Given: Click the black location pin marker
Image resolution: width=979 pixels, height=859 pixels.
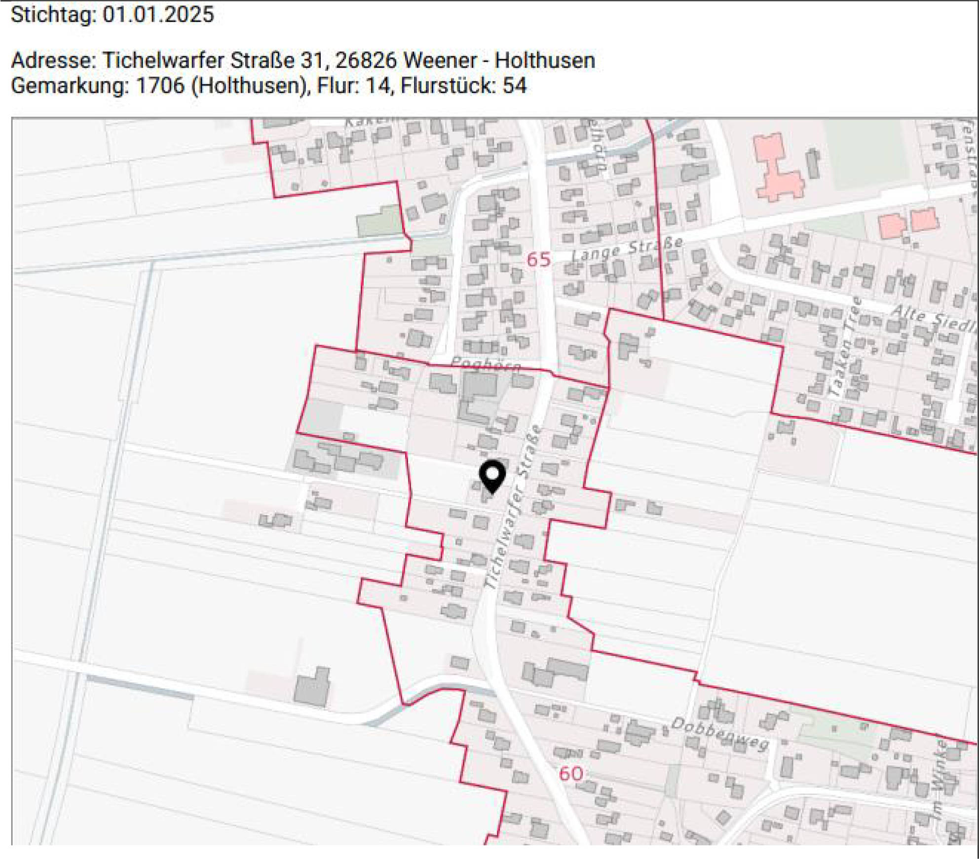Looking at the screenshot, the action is (x=492, y=476).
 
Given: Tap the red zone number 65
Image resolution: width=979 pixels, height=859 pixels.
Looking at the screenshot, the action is (x=538, y=260).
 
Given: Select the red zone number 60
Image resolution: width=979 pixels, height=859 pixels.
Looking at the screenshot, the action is (x=571, y=773).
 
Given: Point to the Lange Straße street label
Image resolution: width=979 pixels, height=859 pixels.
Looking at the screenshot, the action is (x=627, y=249).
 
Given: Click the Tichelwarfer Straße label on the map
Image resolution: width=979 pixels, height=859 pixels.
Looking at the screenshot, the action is (x=513, y=508).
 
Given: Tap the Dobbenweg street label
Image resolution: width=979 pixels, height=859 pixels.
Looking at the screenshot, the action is (x=720, y=733).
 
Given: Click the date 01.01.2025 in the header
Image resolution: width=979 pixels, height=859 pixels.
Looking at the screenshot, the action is (x=158, y=14).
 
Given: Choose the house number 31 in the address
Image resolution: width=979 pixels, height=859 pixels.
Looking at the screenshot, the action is (x=312, y=60).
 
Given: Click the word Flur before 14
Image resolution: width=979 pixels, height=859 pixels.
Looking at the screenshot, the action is (x=337, y=85).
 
